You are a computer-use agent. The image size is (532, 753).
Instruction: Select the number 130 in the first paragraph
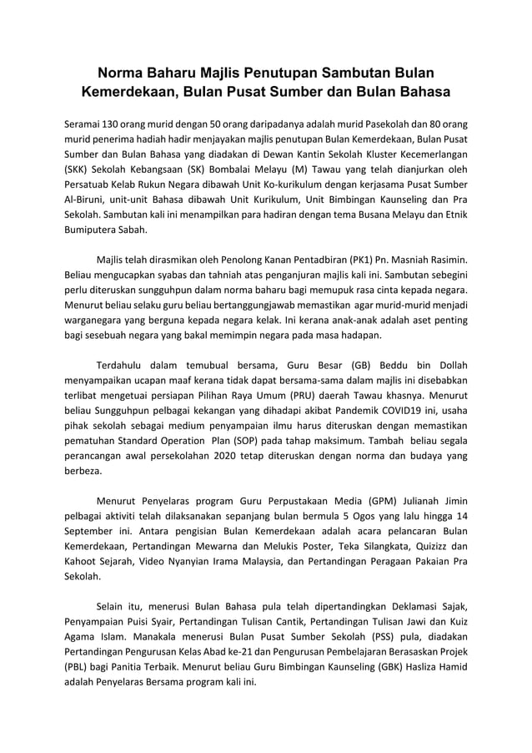tap(112, 124)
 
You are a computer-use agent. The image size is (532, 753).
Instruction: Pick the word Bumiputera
tap(92, 230)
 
